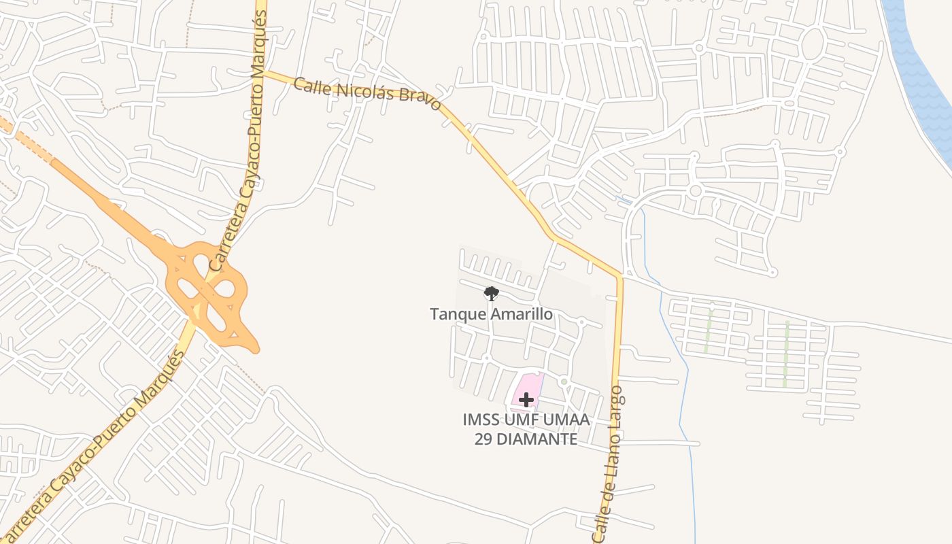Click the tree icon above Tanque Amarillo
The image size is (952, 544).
491,294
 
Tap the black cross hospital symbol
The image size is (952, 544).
526,400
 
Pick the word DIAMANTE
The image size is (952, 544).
537,439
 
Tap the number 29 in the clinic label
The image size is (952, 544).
483,439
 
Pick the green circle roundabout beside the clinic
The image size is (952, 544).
564,382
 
